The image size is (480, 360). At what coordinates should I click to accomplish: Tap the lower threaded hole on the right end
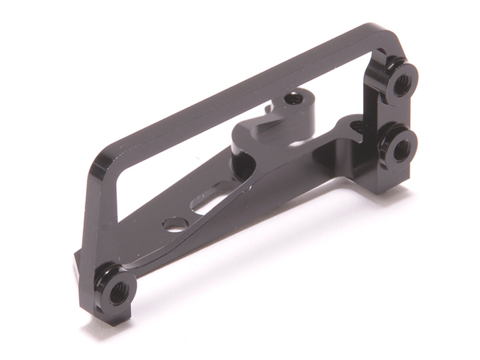coord(402,150)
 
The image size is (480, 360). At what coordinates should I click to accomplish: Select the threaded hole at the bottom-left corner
coord(119,291)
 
